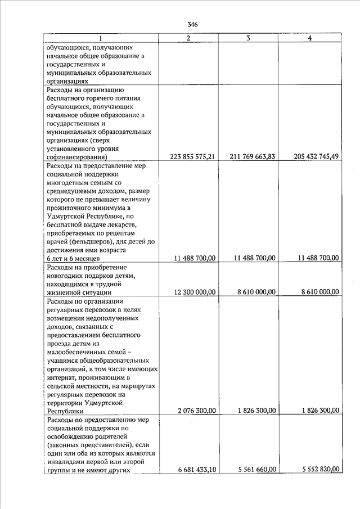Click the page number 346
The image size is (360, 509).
tap(193, 24)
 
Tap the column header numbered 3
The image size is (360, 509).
tap(248, 38)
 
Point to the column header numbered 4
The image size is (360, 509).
tap(310, 38)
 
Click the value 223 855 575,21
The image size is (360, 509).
tap(192, 157)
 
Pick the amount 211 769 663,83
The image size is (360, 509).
tap(253, 157)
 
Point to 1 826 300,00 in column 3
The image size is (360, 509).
tap(256, 411)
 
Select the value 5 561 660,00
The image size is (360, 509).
tap(256, 470)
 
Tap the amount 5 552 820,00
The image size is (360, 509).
tap(318, 470)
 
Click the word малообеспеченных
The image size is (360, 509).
tap(75, 352)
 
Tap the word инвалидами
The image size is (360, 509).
tap(66, 462)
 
